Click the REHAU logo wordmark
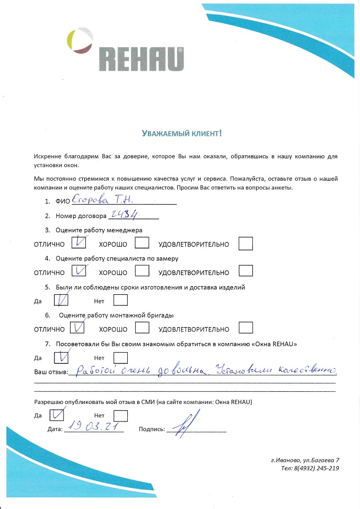[141, 59]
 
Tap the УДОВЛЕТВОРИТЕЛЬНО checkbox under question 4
[245, 271]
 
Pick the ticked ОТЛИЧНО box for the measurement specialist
[78, 271]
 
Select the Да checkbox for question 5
[62, 300]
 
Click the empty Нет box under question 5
[121, 300]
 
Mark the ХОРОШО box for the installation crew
[142, 328]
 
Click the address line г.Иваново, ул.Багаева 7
[304, 460]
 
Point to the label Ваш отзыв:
[51, 372]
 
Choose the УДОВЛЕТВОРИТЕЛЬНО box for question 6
[245, 328]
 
